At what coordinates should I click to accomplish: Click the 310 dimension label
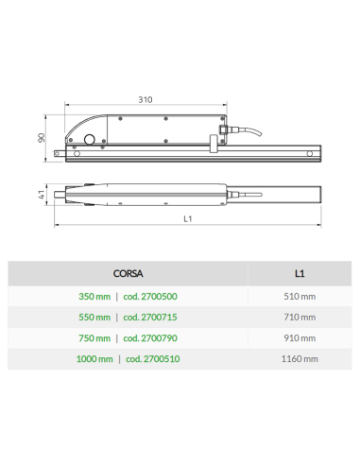146,99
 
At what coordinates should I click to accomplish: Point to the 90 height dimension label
42,138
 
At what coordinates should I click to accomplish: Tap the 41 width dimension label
42,195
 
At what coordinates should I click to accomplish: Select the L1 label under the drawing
188,218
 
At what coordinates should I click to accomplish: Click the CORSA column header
128,273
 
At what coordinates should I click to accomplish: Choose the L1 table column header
300,273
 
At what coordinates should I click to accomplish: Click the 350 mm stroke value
94,297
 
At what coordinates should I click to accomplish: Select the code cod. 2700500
150,297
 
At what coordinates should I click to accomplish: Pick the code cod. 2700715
150,318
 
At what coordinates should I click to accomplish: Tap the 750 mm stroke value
94,338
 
